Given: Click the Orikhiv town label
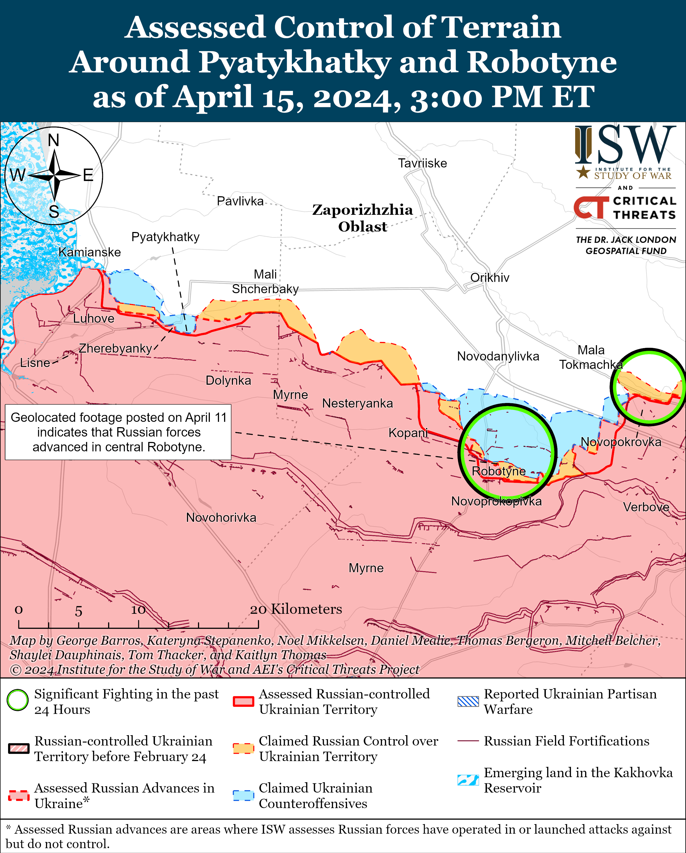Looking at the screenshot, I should [x=489, y=278].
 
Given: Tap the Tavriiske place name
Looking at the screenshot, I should [x=422, y=163].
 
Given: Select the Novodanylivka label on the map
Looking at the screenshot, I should [x=498, y=356].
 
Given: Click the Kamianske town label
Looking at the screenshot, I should [x=90, y=252].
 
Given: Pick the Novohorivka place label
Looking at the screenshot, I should [x=221, y=517].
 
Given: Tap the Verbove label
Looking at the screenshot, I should [x=646, y=507].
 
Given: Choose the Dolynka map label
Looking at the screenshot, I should [x=228, y=381].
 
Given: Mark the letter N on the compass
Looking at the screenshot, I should [x=54, y=140].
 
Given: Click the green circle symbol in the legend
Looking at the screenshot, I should [x=18, y=700].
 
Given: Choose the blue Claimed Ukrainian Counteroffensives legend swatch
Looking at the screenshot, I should [x=243, y=795].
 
